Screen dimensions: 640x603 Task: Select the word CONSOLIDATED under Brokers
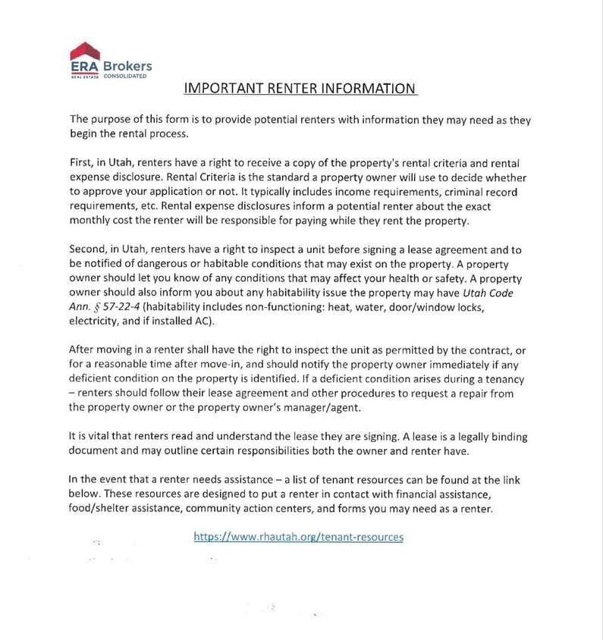pos(124,77)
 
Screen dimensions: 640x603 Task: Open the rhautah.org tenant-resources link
pos(299,536)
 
